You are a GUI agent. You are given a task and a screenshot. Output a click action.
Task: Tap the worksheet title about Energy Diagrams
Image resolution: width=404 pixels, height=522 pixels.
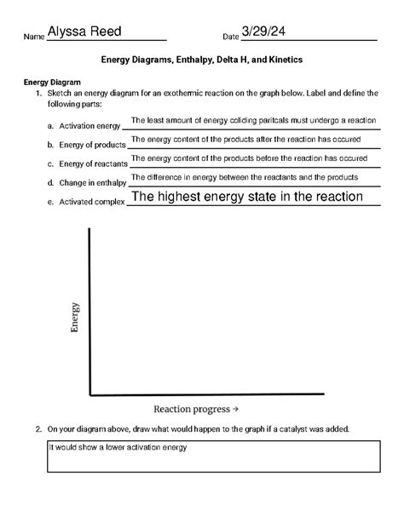tap(202, 61)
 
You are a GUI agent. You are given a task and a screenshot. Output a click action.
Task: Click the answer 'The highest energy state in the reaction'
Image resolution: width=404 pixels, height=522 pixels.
tap(247, 197)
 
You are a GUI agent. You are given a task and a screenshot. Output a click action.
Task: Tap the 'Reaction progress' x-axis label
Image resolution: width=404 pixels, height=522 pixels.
tap(195, 409)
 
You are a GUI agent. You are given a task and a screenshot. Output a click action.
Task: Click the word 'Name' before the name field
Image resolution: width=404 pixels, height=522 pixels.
tap(33, 37)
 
